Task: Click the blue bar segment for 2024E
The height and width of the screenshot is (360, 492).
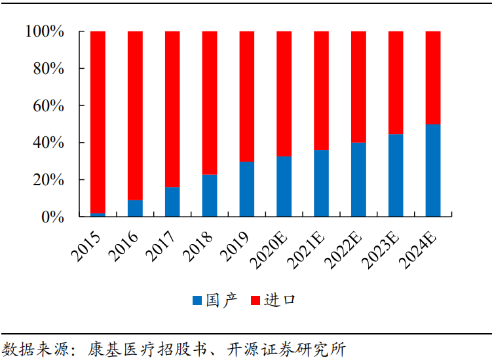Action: coord(433,170)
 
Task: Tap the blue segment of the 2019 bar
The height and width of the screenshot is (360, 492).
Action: coord(247,189)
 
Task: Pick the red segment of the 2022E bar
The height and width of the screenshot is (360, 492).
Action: coord(358,86)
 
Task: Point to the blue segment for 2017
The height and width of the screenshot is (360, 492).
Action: coord(172,202)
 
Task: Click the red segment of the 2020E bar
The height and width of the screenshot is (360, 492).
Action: coord(284,94)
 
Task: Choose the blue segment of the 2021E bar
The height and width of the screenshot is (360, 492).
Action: coord(321,183)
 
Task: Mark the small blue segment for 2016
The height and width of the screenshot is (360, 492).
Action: coord(135,208)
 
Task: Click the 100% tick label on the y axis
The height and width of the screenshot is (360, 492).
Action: coord(44,31)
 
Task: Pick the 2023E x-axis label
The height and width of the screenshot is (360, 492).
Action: coord(387,247)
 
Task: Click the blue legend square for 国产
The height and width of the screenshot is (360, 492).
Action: coord(197,300)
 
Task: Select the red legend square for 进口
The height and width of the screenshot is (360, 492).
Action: coord(255,300)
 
